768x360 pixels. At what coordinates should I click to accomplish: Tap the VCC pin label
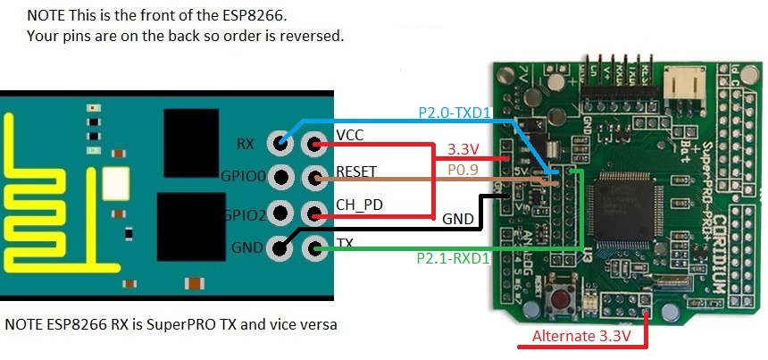pos(349,135)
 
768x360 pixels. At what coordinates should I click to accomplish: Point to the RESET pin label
pos(356,170)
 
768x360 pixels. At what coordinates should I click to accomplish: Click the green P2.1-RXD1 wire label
pos(453,258)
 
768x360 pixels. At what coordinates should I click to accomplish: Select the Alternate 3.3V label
pos(581,337)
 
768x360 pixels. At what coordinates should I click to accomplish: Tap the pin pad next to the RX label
pos(282,142)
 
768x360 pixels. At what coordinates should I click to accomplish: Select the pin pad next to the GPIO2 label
pos(282,213)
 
